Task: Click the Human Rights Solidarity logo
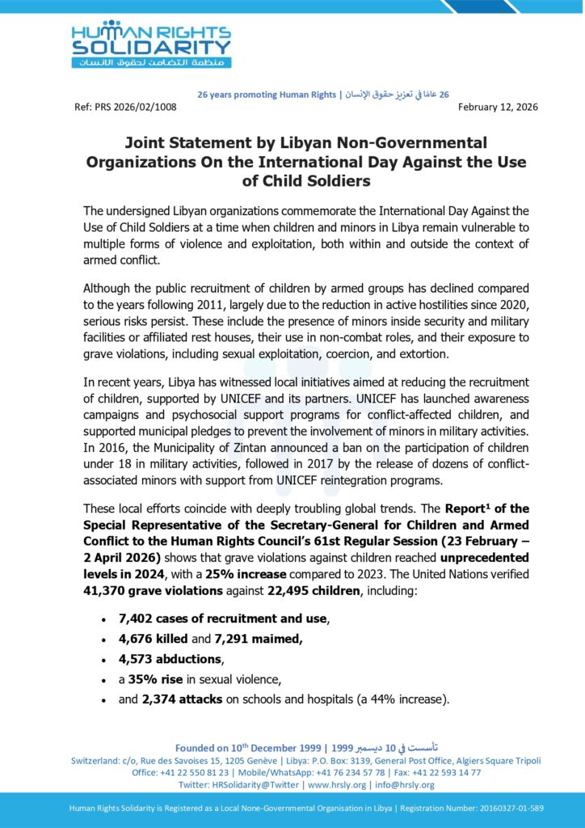click(151, 44)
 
